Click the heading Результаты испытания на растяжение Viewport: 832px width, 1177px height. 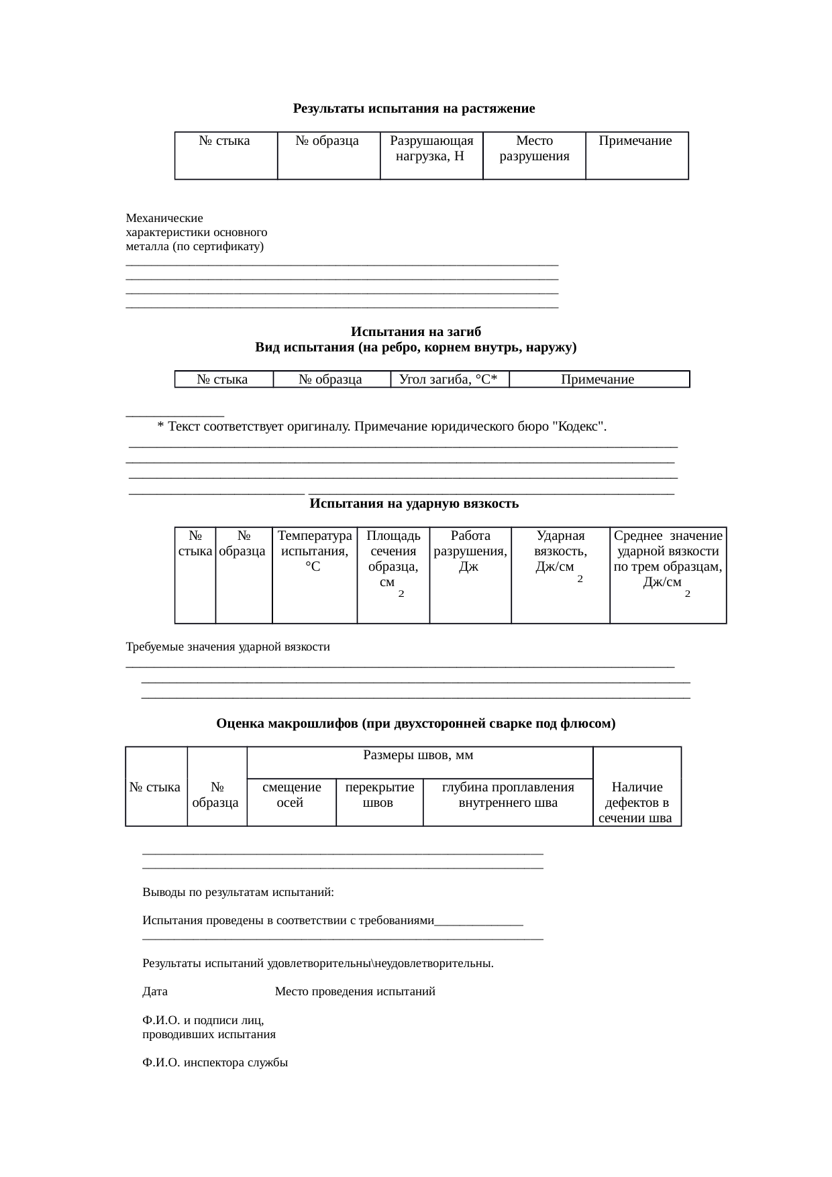[x=414, y=109]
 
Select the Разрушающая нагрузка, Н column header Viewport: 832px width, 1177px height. [x=431, y=149]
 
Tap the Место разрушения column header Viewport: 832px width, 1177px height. [x=534, y=149]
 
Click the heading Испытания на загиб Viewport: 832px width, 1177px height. [x=415, y=332]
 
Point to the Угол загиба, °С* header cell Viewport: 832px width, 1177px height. [x=449, y=380]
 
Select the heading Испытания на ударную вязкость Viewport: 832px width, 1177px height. [x=414, y=504]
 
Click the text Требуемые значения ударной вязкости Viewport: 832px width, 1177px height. [x=228, y=647]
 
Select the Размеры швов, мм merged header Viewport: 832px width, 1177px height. [x=419, y=756]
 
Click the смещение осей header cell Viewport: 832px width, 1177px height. [x=291, y=795]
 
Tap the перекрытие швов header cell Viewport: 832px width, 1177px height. [x=379, y=795]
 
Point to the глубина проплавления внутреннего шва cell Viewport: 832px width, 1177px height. [x=508, y=795]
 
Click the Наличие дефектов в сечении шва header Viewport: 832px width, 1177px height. [x=637, y=802]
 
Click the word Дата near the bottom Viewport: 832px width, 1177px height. [x=155, y=992]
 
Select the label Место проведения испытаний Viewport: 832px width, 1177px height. [x=355, y=992]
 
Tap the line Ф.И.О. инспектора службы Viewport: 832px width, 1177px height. [x=215, y=1063]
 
